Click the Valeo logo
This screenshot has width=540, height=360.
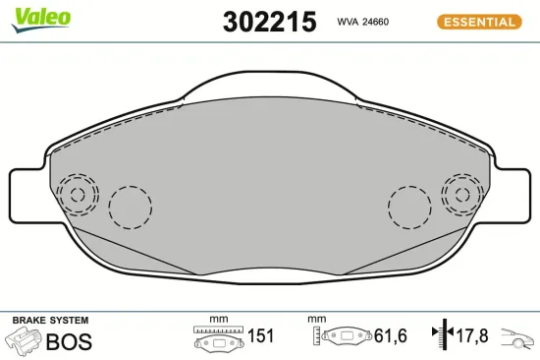pos(41,20)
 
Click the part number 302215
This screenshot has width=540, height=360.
pos(269,22)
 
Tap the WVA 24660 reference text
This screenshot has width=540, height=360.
pos(363,22)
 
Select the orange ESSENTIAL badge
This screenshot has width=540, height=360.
pos(479,22)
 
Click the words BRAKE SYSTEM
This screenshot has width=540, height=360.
pos(50,321)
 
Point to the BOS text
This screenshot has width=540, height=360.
pos(69,341)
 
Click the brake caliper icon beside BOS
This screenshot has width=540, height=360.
pos(24,339)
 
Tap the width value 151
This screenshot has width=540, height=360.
pos(261,335)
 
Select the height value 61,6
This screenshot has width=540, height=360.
pos(391,335)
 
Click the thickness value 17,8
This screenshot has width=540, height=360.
pos(472,335)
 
